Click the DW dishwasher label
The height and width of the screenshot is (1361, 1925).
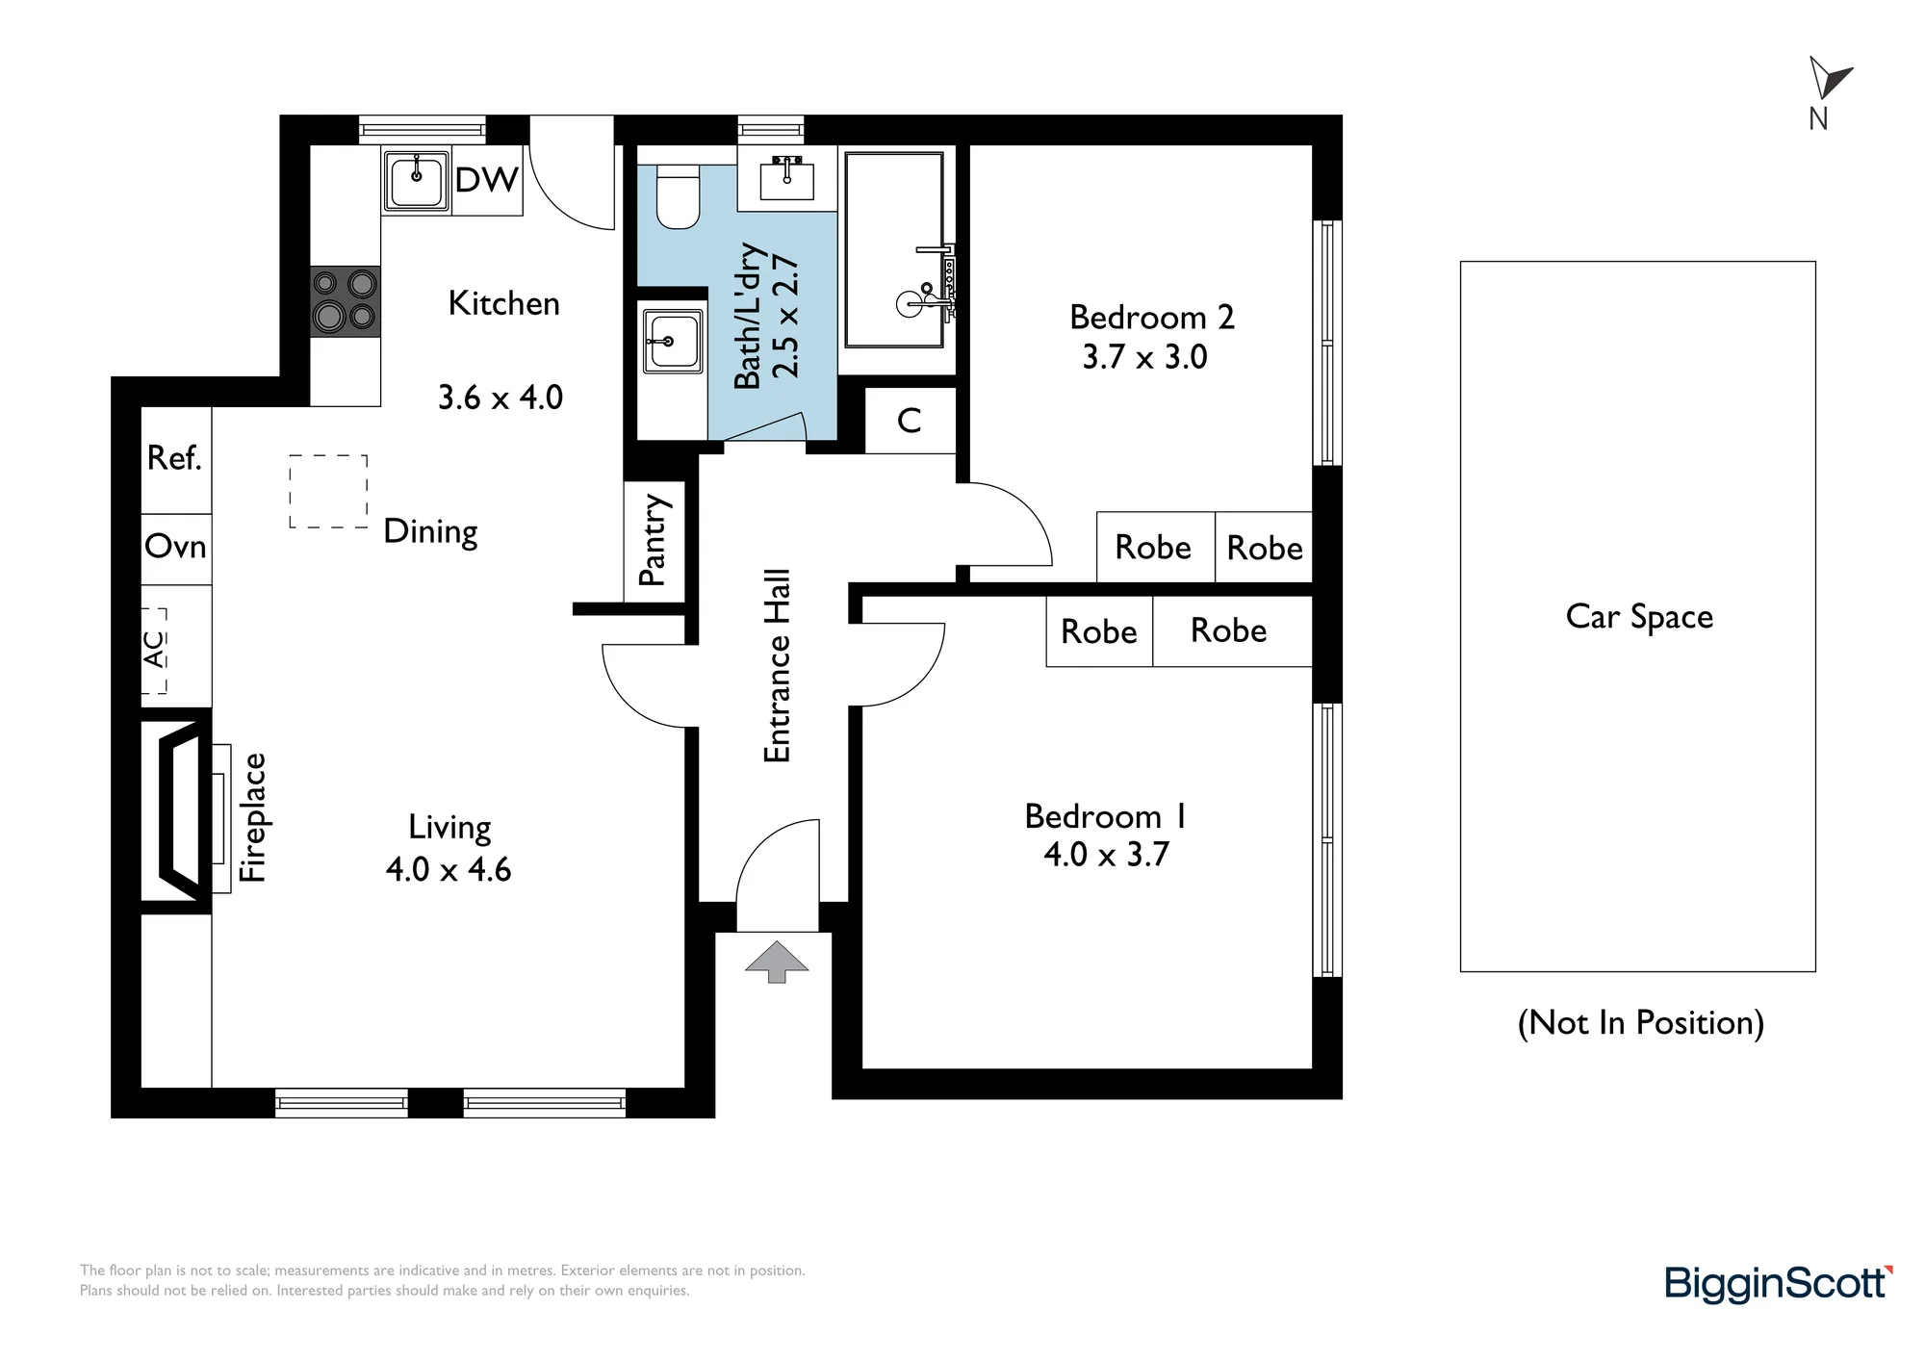(x=486, y=180)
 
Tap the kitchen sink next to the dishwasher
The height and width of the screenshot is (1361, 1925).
(x=416, y=180)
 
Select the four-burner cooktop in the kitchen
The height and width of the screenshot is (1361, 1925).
(x=346, y=301)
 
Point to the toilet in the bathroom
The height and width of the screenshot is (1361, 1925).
(x=678, y=196)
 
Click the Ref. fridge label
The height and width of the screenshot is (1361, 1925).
(x=175, y=458)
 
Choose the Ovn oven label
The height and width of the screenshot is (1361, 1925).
(x=175, y=547)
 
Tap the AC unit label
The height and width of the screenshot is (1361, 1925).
(x=154, y=649)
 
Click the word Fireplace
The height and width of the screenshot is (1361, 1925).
(x=253, y=817)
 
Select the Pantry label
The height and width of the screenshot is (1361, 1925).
(x=653, y=540)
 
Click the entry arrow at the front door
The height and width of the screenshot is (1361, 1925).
(x=777, y=962)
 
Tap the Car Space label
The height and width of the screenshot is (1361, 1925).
(x=1639, y=617)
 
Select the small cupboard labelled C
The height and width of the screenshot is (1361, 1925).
(x=910, y=421)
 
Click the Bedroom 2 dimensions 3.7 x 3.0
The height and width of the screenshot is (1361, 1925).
(x=1144, y=357)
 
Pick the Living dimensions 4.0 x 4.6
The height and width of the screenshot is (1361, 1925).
(x=449, y=869)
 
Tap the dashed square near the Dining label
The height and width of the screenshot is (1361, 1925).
(x=328, y=491)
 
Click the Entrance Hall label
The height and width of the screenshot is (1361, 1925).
(x=777, y=666)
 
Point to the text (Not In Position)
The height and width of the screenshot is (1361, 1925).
(x=1641, y=1022)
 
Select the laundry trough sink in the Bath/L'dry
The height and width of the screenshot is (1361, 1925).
(x=672, y=342)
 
